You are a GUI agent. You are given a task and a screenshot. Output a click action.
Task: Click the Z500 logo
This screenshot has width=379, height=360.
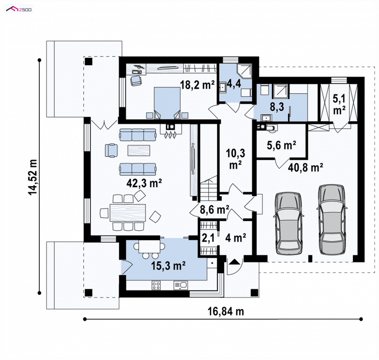click(x=19, y=9)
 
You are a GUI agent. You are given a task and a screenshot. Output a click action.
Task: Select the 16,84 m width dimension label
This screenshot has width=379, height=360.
click(x=226, y=311)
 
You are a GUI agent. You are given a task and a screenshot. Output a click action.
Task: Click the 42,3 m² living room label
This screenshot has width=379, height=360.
click(x=144, y=183)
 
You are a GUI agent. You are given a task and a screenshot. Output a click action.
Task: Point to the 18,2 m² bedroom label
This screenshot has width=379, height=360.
click(x=197, y=85)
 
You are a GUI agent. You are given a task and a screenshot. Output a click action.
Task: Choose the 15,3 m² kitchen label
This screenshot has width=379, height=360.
click(x=168, y=266)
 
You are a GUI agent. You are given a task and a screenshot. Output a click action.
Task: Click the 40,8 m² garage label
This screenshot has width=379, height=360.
click(x=306, y=167)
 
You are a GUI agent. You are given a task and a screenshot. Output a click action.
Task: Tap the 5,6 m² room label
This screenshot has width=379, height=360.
click(x=281, y=145)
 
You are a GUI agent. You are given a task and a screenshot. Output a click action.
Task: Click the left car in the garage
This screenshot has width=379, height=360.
click(x=289, y=224)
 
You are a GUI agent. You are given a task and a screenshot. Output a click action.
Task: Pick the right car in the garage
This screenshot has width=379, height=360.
click(x=332, y=219)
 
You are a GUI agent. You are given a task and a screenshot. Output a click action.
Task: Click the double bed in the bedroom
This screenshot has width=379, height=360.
click(x=167, y=103)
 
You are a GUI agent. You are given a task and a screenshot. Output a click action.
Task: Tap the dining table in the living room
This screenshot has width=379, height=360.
click(x=128, y=213)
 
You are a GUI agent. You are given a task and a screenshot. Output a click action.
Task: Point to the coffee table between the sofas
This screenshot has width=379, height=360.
click(x=139, y=150)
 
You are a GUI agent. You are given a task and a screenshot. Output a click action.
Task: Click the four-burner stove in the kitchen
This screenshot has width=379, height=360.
click(x=156, y=286)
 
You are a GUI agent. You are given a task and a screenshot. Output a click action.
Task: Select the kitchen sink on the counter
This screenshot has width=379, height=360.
click(x=180, y=286)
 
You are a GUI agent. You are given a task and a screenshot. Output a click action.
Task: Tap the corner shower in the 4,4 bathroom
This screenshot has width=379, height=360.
click(x=244, y=71)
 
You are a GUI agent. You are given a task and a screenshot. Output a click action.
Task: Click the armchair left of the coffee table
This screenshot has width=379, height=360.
click(x=111, y=150)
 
